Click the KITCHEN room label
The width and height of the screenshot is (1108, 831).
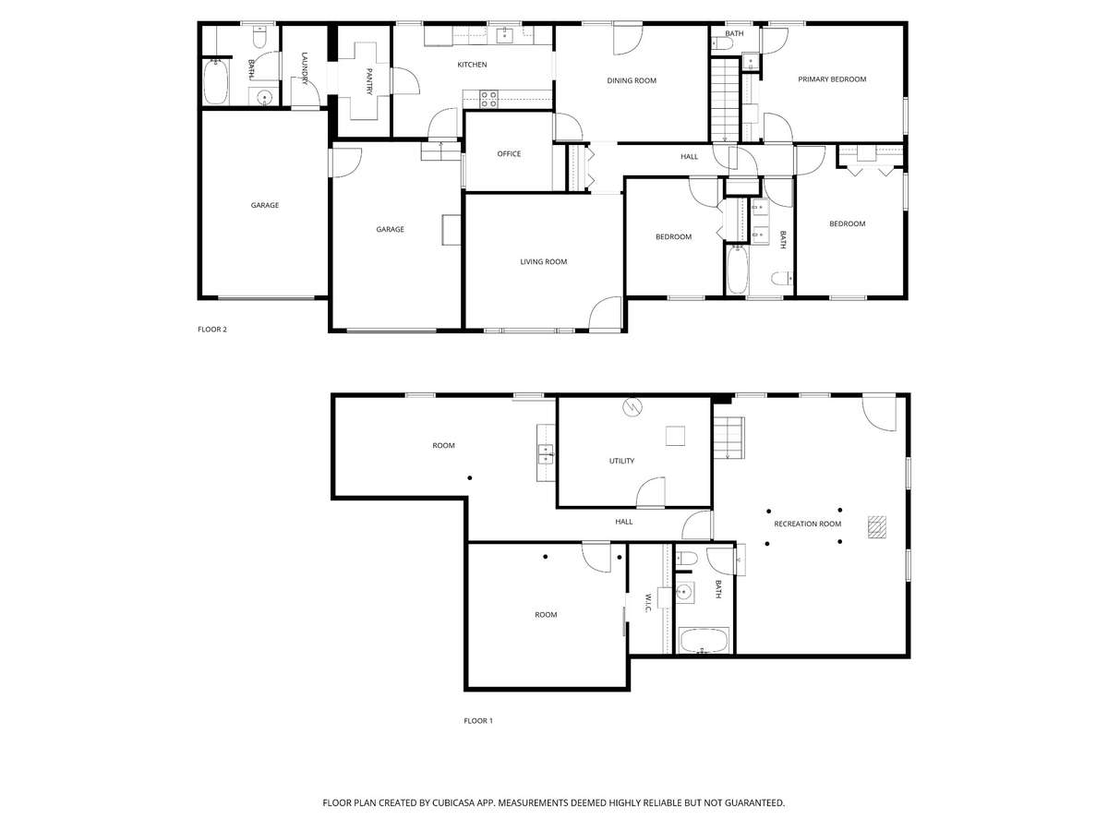click(x=472, y=65)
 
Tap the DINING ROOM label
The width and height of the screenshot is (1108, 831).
click(x=631, y=80)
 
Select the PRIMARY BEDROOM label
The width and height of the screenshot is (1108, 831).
click(x=831, y=79)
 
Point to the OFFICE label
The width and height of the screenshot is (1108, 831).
click(x=509, y=154)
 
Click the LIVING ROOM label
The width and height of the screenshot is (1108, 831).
click(x=543, y=261)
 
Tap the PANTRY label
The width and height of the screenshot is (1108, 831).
click(x=369, y=81)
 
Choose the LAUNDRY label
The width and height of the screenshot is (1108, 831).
click(x=305, y=68)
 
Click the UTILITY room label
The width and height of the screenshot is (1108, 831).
click(x=621, y=461)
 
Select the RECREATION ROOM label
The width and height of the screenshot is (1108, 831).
click(x=807, y=524)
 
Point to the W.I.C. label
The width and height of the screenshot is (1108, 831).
click(x=648, y=603)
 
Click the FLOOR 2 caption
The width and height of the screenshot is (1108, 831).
click(x=212, y=330)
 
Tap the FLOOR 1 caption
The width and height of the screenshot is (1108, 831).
click(x=478, y=720)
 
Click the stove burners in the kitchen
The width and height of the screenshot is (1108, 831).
click(x=488, y=99)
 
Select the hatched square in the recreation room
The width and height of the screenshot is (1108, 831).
click(x=877, y=526)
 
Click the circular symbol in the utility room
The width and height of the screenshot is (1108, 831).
click(x=632, y=406)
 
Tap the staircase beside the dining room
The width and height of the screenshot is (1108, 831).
click(x=725, y=100)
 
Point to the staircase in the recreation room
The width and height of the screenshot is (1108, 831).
click(x=729, y=438)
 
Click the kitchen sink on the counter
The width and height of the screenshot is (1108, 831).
click(x=505, y=36)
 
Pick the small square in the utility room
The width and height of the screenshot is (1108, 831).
click(x=675, y=436)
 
